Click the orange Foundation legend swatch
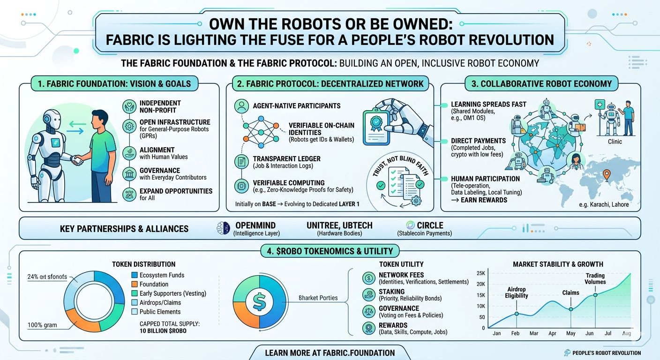(135, 284)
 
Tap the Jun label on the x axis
(589, 333)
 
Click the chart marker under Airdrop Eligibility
(516, 314)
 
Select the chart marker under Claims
(570, 309)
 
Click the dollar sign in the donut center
(259, 301)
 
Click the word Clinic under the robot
(615, 141)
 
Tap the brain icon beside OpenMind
(224, 228)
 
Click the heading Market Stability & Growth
(558, 264)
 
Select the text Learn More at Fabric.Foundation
(330, 352)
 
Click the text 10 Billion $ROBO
(163, 331)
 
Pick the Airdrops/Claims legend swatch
(135, 302)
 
